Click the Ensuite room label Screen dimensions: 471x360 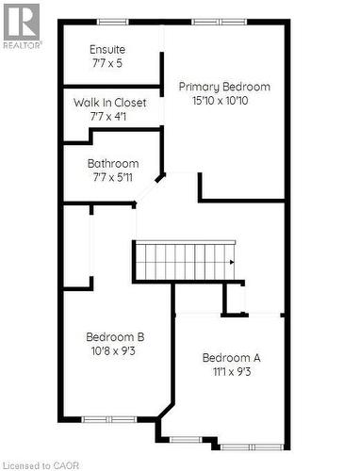tap(107, 49)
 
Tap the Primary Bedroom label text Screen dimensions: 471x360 tap(225, 87)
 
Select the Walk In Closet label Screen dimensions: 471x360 tap(110, 103)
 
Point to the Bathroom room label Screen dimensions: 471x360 tap(113, 163)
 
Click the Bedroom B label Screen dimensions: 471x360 tap(115, 336)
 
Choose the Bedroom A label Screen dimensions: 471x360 tap(232, 357)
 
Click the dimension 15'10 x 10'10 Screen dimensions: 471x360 tap(225, 101)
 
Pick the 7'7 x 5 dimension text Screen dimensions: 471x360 tap(106, 63)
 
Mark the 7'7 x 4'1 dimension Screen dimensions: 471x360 tap(109, 117)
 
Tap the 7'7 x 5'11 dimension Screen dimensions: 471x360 tap(113, 177)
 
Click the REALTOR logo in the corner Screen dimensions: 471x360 tap(22, 24)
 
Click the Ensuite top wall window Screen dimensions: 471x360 tap(113, 22)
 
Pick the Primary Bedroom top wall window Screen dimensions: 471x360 tap(219, 22)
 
